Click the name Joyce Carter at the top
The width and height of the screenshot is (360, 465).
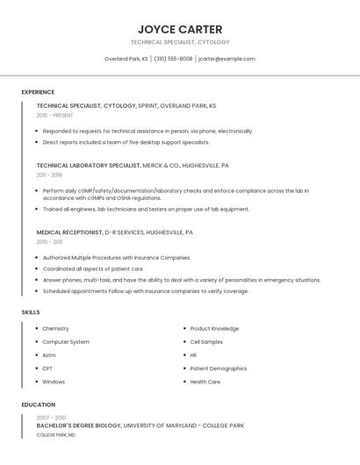[x=180, y=29]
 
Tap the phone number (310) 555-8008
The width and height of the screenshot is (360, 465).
[x=174, y=59]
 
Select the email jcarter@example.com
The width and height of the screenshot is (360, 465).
[x=227, y=59]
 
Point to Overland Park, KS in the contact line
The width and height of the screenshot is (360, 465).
[x=126, y=59]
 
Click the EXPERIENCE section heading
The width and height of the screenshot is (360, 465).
[x=38, y=92]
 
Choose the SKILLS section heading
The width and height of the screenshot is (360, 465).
[x=31, y=312]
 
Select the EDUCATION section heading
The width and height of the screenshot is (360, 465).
[x=38, y=404]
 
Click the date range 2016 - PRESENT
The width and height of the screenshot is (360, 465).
[x=55, y=115]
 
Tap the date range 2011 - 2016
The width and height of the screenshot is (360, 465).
[x=50, y=175]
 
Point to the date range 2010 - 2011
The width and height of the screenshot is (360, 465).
[x=49, y=241]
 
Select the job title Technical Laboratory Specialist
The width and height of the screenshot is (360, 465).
[x=89, y=165]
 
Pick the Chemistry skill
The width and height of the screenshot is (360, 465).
[x=55, y=329]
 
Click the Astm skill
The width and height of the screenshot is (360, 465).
[x=49, y=355]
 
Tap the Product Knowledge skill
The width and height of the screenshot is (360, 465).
[x=214, y=329]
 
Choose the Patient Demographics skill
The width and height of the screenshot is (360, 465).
[x=219, y=368]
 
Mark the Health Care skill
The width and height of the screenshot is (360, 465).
[x=205, y=382]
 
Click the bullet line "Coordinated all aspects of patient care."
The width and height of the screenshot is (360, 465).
[x=93, y=268]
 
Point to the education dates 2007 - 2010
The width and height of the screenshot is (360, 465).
[x=51, y=418]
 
